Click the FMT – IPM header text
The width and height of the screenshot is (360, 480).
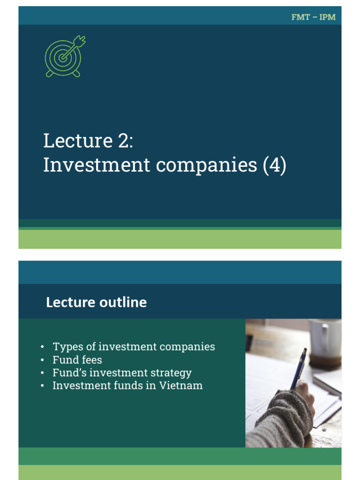pos(313,17)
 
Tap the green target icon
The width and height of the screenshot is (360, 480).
pos(64,57)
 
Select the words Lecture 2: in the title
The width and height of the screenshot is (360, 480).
pos(89,141)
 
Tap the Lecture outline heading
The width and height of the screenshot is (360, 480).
pos(96,302)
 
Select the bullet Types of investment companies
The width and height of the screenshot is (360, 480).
pos(134,347)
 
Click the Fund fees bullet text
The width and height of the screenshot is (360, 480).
pos(77,360)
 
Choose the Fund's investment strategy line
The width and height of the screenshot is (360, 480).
pos(122,373)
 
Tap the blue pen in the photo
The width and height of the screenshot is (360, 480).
pos(298,368)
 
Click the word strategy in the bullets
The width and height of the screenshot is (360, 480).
pos(172,374)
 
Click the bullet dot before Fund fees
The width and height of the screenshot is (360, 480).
pos(43,360)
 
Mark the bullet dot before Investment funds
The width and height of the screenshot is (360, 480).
pos(43,386)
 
